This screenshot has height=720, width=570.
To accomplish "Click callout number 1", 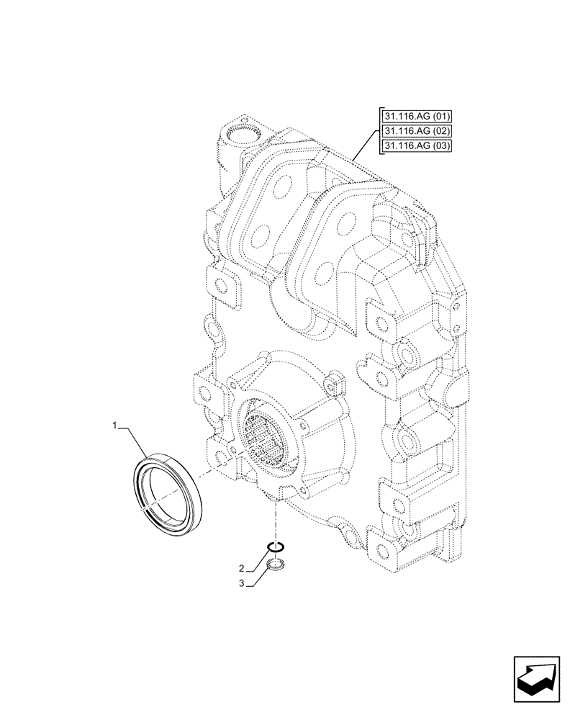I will tap(114, 428).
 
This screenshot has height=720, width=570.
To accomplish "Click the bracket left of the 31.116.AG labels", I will tap(378, 132).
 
